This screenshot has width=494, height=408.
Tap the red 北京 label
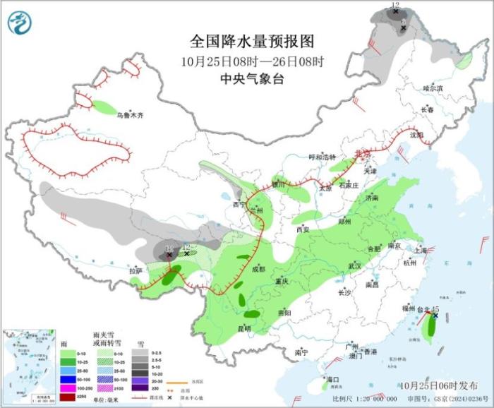point(362,152)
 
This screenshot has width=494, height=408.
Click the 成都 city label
point(258,269)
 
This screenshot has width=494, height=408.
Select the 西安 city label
point(303,229)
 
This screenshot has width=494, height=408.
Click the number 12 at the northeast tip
point(395,5)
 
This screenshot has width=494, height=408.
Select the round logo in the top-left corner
point(20,23)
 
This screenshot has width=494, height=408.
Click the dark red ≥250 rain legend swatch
point(68,398)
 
